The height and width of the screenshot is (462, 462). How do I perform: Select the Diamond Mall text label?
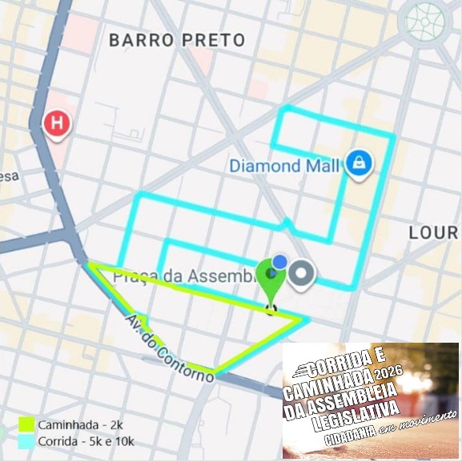point(284,167)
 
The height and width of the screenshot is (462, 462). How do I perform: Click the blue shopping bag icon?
point(358,163)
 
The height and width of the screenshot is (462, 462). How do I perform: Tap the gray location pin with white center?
point(302,274)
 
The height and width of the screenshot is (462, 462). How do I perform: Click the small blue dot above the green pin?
point(279,261)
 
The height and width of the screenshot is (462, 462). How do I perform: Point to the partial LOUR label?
point(433,233)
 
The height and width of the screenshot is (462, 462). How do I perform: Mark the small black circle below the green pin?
point(271,309)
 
